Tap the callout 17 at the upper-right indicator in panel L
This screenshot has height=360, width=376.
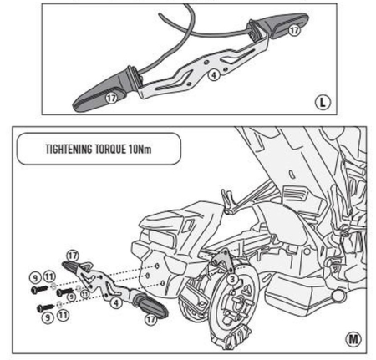point(292,28)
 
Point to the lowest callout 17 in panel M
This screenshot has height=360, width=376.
point(151,317)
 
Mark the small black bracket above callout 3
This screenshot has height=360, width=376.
point(226,260)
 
